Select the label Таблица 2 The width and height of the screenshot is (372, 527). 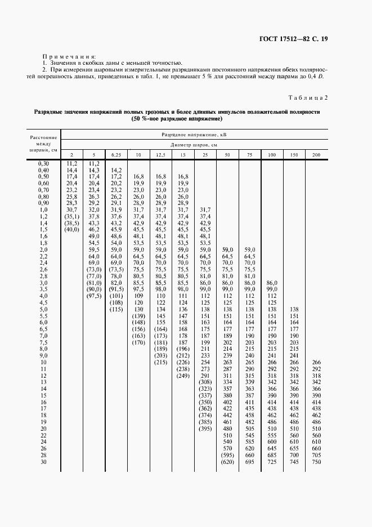(308, 98)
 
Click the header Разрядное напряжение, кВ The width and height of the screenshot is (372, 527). (190, 136)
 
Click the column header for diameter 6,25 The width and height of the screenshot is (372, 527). (116, 155)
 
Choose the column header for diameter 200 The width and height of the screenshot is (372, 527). (316, 155)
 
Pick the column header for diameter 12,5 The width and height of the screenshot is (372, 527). (160, 155)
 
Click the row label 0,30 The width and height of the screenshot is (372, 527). (43, 163)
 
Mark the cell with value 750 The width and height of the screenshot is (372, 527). (316, 462)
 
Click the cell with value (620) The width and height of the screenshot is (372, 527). (227, 462)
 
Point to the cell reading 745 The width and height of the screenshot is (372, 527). (293, 462)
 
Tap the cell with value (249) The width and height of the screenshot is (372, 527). (182, 376)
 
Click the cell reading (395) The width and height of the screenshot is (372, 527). (205, 428)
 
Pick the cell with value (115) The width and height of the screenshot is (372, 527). (116, 309)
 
